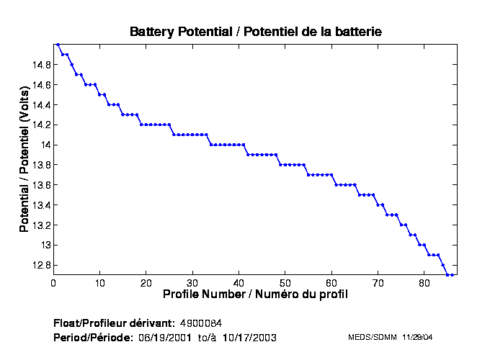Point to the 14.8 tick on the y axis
click(x=40, y=64)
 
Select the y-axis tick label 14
click(x=45, y=145)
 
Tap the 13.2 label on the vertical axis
click(x=40, y=225)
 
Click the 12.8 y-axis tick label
click(x=40, y=265)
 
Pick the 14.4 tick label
click(x=40, y=104)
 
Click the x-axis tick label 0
click(x=53, y=283)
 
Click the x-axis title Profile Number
click(x=255, y=294)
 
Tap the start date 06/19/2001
click(x=166, y=337)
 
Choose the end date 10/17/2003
click(x=249, y=337)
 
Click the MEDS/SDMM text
click(x=367, y=337)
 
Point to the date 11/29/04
click(x=416, y=337)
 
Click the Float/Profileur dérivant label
click(x=113, y=322)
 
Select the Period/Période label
click(x=92, y=337)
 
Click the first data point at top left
click(x=58, y=44)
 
